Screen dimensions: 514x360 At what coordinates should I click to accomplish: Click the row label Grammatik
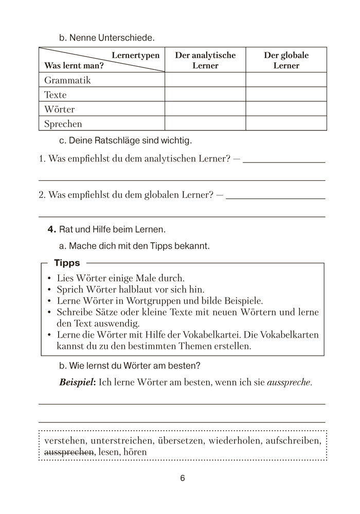pos(67,80)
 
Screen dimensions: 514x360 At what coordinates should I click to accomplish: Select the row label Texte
pos(56,95)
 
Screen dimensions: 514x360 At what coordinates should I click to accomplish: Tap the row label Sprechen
pos(63,124)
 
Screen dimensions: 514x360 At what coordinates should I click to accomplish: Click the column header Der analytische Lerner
pos(205,60)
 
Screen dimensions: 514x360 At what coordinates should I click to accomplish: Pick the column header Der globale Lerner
pos(286,60)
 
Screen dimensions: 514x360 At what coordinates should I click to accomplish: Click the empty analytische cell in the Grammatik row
pos(205,80)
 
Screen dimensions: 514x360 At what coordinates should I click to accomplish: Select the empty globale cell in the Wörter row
pos(286,109)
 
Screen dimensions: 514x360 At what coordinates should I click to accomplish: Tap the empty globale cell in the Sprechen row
pos(286,124)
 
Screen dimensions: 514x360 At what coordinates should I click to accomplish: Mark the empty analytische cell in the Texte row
pos(205,95)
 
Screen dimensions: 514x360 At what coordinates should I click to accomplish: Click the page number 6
pos(183,478)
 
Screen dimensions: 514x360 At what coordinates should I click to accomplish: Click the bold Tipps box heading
pos(67,263)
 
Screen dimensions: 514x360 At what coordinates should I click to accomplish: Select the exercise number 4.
pos(51,229)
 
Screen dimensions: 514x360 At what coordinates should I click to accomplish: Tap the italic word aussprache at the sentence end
pos(290,382)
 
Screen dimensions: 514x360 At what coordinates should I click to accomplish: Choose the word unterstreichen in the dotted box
pos(119,440)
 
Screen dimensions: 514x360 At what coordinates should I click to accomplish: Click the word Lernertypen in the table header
pos(135,55)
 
